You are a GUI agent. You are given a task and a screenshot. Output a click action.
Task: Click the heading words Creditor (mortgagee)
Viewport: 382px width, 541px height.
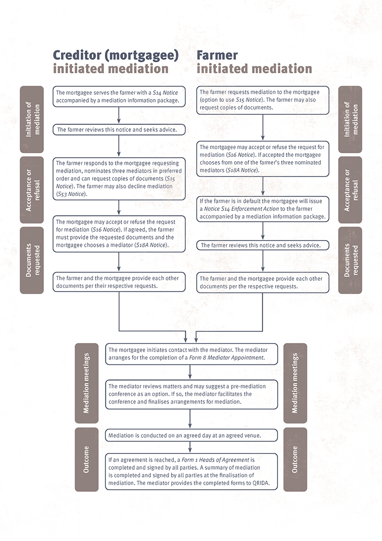[116, 55]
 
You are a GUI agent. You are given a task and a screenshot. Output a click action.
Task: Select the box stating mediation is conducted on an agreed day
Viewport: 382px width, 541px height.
[191, 435]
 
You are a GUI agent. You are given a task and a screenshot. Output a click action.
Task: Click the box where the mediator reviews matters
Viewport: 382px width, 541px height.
[191, 394]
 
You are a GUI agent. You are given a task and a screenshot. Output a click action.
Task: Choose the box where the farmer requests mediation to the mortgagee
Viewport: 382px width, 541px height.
[263, 100]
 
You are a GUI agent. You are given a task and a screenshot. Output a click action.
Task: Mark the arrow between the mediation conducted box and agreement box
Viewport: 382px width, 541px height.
[191, 447]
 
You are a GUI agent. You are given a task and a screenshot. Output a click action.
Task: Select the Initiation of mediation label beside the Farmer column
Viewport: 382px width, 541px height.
[350, 120]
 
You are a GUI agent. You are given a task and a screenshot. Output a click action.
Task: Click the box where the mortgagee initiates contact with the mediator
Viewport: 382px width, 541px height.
[191, 353]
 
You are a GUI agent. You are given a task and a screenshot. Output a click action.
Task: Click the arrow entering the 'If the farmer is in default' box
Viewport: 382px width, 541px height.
[263, 187]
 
